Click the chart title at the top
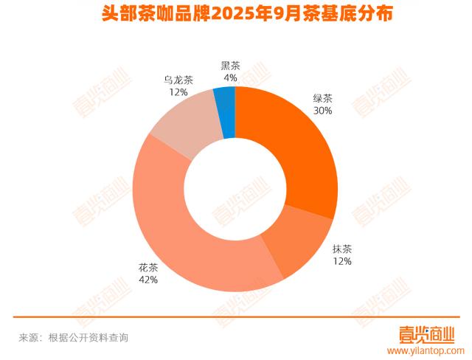pos(235,13)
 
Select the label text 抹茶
pos(341,249)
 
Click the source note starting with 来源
pos(74,337)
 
